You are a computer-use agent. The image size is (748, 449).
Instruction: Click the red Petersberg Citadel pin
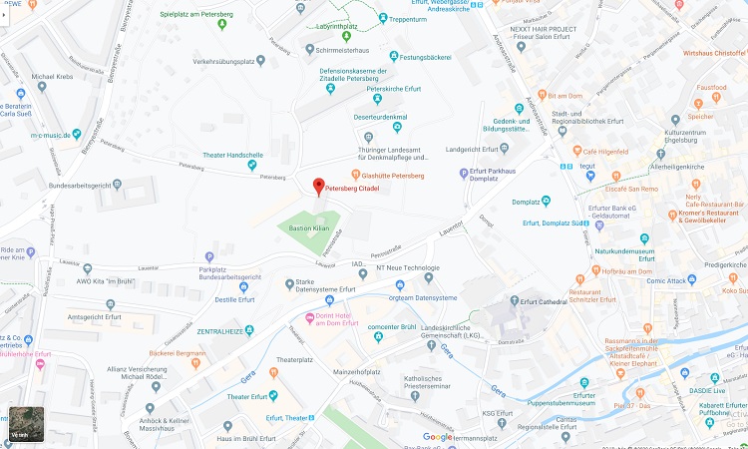coord(319,186)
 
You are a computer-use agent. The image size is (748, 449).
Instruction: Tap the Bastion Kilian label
coord(308,228)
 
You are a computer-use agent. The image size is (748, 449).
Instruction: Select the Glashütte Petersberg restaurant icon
coord(354,176)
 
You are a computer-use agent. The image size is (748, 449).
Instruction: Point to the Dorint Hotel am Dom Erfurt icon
coord(309,319)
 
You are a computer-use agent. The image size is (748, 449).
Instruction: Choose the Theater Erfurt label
coord(248,396)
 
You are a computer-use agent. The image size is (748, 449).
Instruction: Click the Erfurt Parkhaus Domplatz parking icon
coord(464,175)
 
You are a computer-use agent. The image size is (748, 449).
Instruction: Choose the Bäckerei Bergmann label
coord(177,353)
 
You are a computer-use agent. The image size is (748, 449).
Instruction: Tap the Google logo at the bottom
coord(437,437)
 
